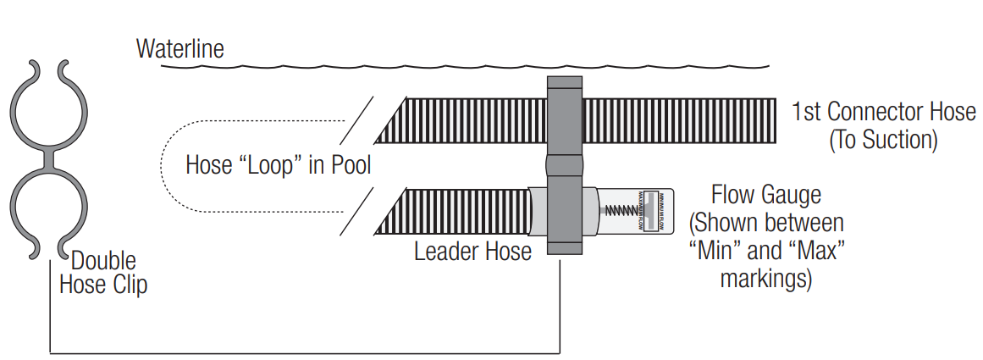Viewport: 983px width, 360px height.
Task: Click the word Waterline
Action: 180,48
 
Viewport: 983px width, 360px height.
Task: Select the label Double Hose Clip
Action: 103,272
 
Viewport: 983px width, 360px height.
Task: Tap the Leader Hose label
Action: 472,252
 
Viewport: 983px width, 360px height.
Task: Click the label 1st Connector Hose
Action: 884,111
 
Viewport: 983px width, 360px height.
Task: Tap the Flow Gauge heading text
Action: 765,195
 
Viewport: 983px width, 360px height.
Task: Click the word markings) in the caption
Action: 765,279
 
